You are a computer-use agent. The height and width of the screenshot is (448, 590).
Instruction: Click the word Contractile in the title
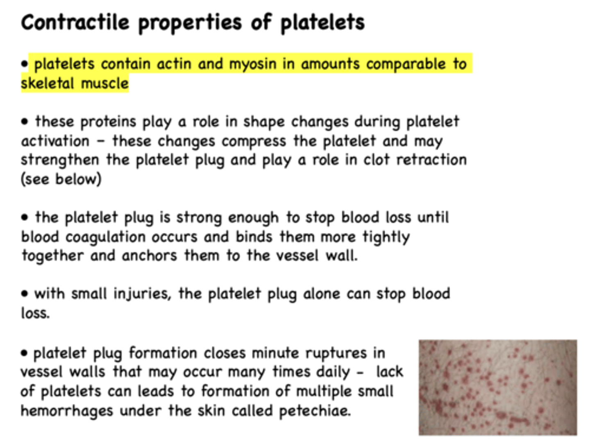(x=75, y=22)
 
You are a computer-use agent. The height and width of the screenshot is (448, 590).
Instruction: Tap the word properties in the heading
(x=190, y=23)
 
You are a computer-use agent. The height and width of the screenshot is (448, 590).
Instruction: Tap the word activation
(x=55, y=141)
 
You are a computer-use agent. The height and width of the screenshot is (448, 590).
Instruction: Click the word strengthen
(x=60, y=160)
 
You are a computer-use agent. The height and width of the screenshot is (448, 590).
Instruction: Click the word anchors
(x=150, y=256)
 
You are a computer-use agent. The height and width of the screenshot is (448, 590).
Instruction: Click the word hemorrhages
(x=67, y=410)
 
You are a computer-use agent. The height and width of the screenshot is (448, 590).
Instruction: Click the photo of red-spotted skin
(x=497, y=387)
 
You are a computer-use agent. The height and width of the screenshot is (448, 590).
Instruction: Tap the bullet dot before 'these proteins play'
(x=25, y=122)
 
